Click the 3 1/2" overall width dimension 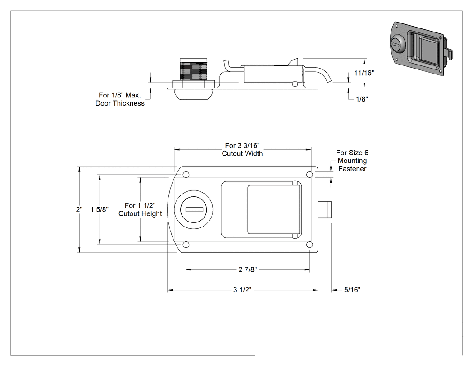click(x=242, y=290)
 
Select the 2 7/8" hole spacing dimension click(x=248, y=269)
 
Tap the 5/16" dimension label click(x=352, y=290)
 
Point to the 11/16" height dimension click(x=364, y=73)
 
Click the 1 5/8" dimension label click(x=100, y=209)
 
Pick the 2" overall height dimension click(x=79, y=209)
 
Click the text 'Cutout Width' click(x=242, y=153)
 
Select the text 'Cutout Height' click(x=140, y=213)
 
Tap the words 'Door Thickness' click(x=120, y=103)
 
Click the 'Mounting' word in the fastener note click(x=352, y=161)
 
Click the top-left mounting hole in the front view click(x=186, y=174)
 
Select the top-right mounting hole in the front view click(x=309, y=174)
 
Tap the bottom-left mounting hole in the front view click(x=186, y=245)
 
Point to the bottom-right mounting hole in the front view click(x=309, y=245)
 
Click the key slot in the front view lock click(x=194, y=209)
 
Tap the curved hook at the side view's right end click(x=320, y=74)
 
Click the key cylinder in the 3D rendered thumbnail click(x=397, y=44)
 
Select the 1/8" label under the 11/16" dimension click(x=362, y=99)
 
